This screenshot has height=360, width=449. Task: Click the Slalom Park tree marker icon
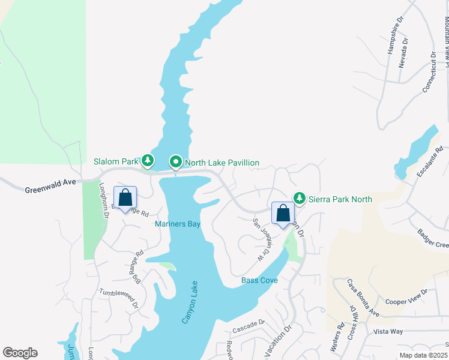pos(147,161)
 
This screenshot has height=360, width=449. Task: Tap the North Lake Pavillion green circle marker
pos(176,162)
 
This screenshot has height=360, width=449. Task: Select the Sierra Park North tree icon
pos(299,198)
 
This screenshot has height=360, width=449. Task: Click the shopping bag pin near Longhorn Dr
pos(125,197)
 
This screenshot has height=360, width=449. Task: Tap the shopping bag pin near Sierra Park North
pos(283,213)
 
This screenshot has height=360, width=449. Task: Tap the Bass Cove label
pos(259,280)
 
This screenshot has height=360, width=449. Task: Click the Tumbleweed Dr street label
pos(119,296)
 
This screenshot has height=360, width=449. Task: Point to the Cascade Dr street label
pos(249,326)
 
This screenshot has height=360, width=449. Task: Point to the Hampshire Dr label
pos(394,41)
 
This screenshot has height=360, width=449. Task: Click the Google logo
pos(20,353)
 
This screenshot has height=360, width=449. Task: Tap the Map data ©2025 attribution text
pos(423,355)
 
